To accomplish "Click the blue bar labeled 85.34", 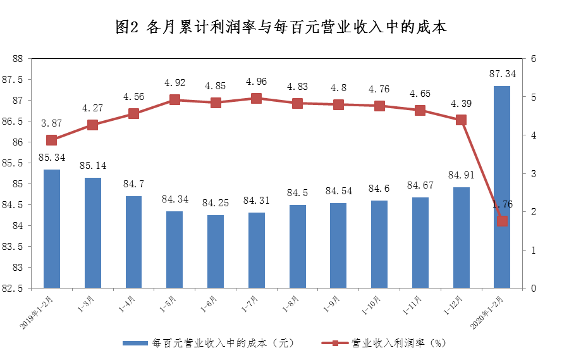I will pos(52,228).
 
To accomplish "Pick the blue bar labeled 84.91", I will pos(461,237).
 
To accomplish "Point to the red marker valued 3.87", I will pos(52,140).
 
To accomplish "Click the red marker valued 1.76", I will pos(502,221).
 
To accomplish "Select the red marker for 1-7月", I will pos(256,98).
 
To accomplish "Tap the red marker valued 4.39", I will pos(461,120).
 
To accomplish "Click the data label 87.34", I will pos(502,74).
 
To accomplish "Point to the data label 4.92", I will pos(175,83).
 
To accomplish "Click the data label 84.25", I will pos(216,203).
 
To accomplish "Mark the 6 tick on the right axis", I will pos(534,59).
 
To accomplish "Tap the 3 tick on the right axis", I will pos(534,173).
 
